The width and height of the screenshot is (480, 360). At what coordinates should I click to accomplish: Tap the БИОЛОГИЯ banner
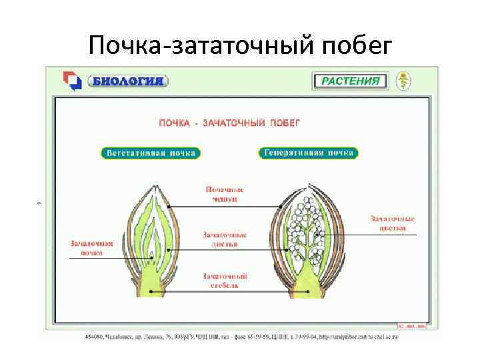pos(128,81)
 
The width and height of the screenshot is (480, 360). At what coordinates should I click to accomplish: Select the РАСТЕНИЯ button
pos(350,81)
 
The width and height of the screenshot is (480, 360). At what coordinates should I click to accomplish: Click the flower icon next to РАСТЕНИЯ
pos(403,81)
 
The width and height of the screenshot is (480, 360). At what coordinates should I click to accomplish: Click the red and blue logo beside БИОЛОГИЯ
pos(71,81)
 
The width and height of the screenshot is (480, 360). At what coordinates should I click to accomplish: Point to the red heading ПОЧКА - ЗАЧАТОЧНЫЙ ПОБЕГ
pos(229,123)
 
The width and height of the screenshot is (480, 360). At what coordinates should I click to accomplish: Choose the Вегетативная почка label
pos(151,153)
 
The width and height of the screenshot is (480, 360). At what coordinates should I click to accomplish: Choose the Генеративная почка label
pos(308,153)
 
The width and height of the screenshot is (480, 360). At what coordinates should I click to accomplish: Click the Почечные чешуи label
pos(224,194)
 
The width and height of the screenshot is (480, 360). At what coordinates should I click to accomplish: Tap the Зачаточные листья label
pos(225,239)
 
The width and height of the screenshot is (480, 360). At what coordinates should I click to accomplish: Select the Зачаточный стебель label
pos(225,281)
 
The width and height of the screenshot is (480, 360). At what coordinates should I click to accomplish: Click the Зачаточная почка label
pos(92,248)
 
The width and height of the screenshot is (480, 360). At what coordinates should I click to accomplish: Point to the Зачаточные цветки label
pos(393,223)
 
